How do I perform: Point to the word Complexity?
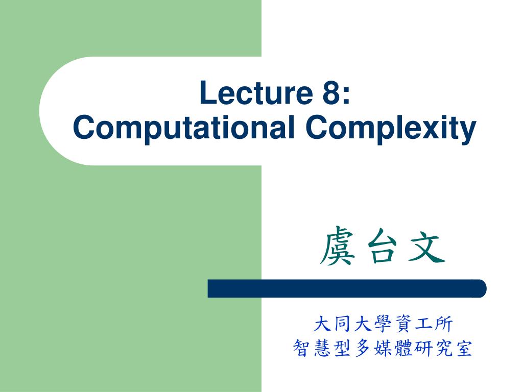click(391, 128)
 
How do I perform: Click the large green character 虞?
click(337, 247)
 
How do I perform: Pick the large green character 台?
click(382, 247)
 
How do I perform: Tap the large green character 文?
click(427, 247)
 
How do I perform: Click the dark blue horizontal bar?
click(347, 288)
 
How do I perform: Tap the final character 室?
click(463, 348)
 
